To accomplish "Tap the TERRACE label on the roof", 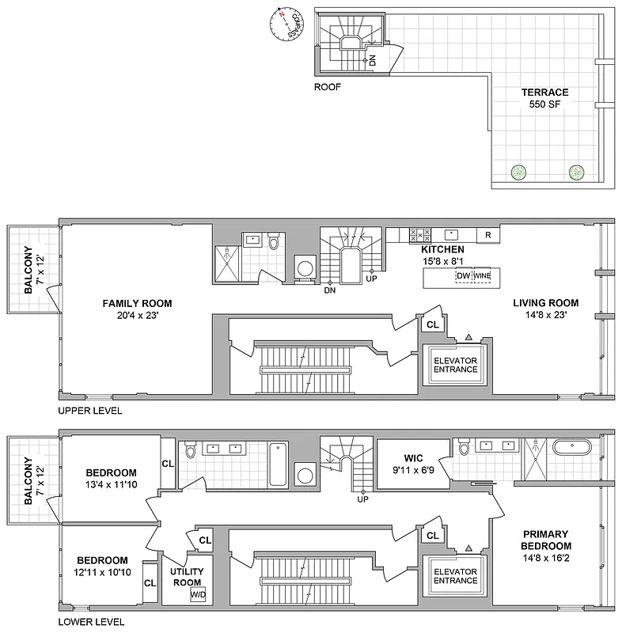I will point(544,93).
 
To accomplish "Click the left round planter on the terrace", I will point(518,172).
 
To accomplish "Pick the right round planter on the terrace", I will point(577,172).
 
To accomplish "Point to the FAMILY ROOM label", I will point(137,303).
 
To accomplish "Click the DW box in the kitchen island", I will point(463,276).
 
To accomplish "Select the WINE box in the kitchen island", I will point(482,276).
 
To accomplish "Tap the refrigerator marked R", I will point(488,235).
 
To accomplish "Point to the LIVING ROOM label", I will point(545,303).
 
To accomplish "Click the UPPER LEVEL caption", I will point(90,412).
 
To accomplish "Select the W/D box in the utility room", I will point(197,595).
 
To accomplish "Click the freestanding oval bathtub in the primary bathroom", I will point(571,449).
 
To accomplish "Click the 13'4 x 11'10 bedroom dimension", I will point(112,484).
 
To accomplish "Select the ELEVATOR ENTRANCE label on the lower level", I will point(455,575).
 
